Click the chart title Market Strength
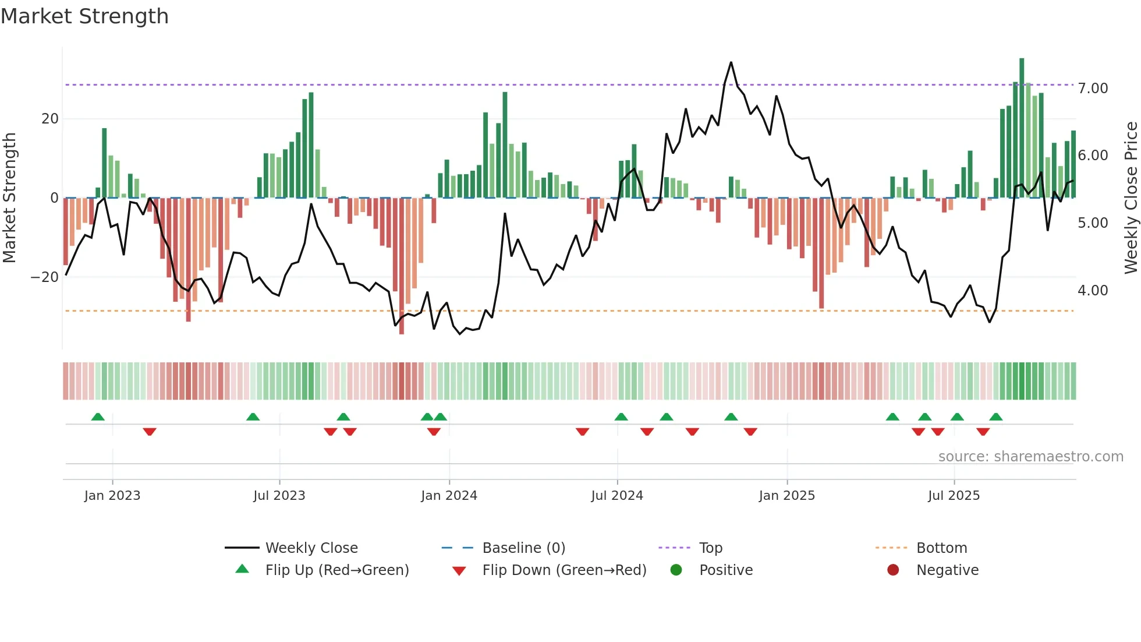tap(84, 16)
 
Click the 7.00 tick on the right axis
tap(1093, 89)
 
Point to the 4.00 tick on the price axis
tap(1093, 291)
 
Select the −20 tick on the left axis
tap(44, 277)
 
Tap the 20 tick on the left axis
tap(50, 119)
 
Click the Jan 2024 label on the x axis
tap(449, 496)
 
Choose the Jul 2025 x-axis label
tap(954, 496)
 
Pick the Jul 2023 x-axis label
tap(279, 496)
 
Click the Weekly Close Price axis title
tap(1131, 197)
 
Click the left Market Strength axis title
tap(9, 197)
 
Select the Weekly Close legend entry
tap(311, 548)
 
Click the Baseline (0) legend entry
tap(523, 548)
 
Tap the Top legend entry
tap(710, 548)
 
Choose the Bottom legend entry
tap(941, 548)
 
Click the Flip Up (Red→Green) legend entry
tap(336, 570)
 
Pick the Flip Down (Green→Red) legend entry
tap(564, 570)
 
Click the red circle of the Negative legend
tap(893, 570)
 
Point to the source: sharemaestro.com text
tap(1030, 457)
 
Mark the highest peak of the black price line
tap(731, 62)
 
